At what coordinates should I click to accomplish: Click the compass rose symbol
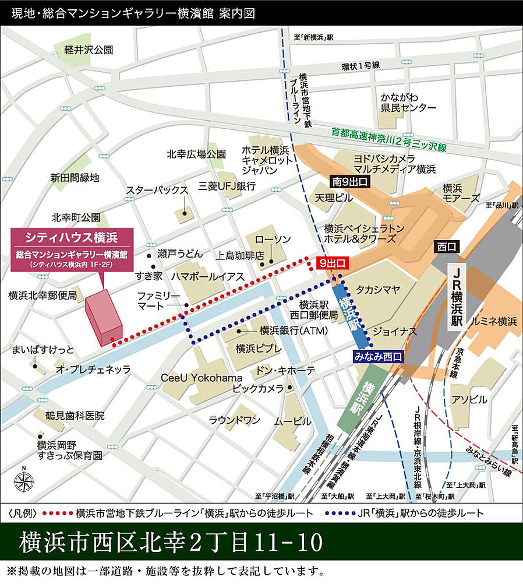tap(24, 480)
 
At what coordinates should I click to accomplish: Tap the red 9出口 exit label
tap(333, 263)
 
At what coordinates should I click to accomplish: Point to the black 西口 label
tap(446, 247)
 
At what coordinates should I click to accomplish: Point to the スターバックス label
tap(157, 191)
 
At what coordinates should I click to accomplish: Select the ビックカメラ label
tap(258, 388)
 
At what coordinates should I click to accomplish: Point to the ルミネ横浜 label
tap(494, 321)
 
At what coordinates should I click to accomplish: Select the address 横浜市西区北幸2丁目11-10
tap(171, 542)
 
